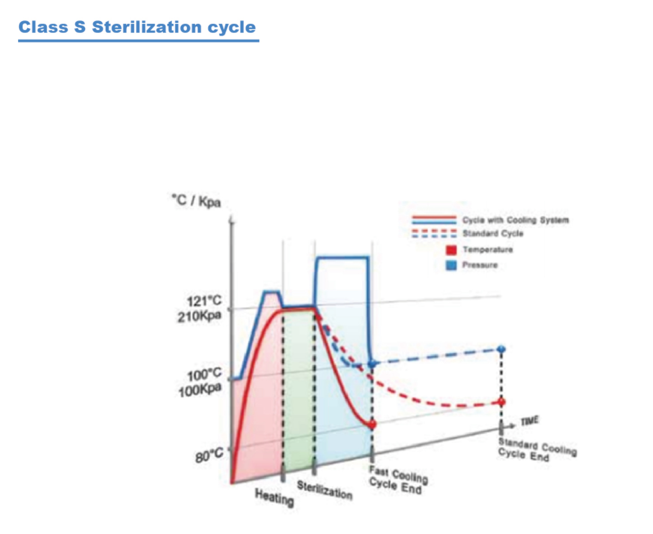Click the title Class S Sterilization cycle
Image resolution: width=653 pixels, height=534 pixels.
click(137, 27)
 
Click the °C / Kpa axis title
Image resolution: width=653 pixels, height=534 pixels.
click(196, 200)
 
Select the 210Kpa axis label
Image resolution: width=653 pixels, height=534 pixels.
click(199, 316)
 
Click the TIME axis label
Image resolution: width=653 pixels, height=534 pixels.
click(530, 421)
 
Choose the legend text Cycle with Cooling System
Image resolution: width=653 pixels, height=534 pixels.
click(515, 220)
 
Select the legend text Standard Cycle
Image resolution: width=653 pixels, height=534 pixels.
click(493, 233)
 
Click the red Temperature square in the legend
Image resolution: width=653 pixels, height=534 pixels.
click(450, 250)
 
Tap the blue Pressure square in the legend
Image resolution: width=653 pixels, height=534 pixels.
click(450, 265)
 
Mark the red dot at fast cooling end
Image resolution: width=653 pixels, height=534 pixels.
click(372, 424)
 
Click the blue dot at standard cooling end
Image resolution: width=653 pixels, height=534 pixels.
click(502, 349)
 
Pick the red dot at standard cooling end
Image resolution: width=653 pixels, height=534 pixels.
click(502, 402)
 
